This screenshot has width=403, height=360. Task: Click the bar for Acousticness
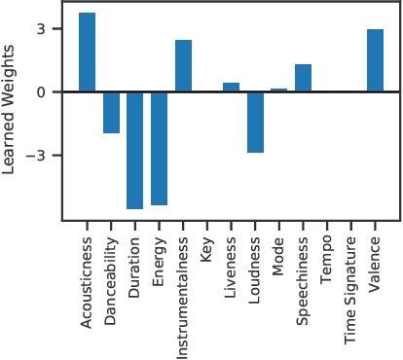[x=87, y=53]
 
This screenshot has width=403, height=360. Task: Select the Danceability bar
[x=111, y=113]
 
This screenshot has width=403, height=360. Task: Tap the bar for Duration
[x=135, y=151]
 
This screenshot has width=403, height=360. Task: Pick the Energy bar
[x=159, y=149]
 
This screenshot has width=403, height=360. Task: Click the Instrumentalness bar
[x=183, y=66]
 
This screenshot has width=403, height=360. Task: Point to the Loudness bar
[x=255, y=123]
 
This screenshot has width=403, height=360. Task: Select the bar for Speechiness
[x=303, y=79]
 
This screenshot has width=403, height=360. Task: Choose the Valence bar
[x=375, y=61]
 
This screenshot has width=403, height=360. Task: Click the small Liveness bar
[x=231, y=88]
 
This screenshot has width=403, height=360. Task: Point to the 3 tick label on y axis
[x=41, y=29]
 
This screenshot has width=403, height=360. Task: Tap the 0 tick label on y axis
[x=41, y=92]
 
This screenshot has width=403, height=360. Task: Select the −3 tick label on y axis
[x=36, y=156]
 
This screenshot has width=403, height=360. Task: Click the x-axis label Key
[x=207, y=247]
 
